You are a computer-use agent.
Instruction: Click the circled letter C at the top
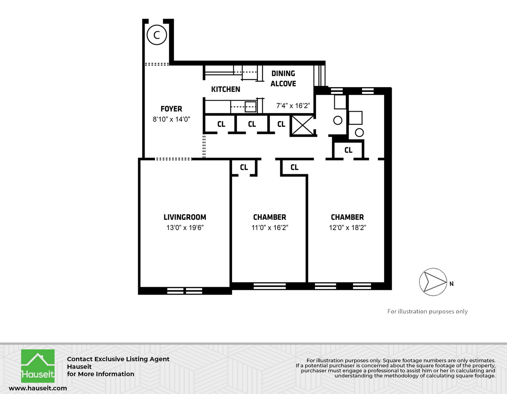[x=156, y=35]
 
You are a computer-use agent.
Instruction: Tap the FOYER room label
[x=171, y=109]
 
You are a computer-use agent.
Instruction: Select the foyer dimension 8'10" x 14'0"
[x=171, y=119]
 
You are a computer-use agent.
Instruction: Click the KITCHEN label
[x=225, y=89]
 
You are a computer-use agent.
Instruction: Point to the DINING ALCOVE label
[x=283, y=78]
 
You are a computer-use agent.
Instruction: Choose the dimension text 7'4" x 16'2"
[x=293, y=106]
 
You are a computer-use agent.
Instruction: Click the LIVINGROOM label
[x=185, y=217]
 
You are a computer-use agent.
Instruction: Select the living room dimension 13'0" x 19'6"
[x=185, y=228]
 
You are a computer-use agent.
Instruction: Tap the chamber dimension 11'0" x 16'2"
[x=270, y=228]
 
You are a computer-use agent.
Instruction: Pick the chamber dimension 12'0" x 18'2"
[x=347, y=228]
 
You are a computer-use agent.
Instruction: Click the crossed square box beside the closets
[x=303, y=126]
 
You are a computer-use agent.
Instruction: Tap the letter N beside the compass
[x=452, y=284]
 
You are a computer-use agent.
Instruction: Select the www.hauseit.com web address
[x=38, y=388]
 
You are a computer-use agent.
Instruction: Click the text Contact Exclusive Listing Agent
[x=118, y=359]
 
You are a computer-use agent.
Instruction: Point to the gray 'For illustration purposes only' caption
[x=427, y=312]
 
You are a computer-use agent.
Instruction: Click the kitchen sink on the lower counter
[x=250, y=106]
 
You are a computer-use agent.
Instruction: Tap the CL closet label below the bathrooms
[x=348, y=150]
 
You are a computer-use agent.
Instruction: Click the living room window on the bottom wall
[x=185, y=291]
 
